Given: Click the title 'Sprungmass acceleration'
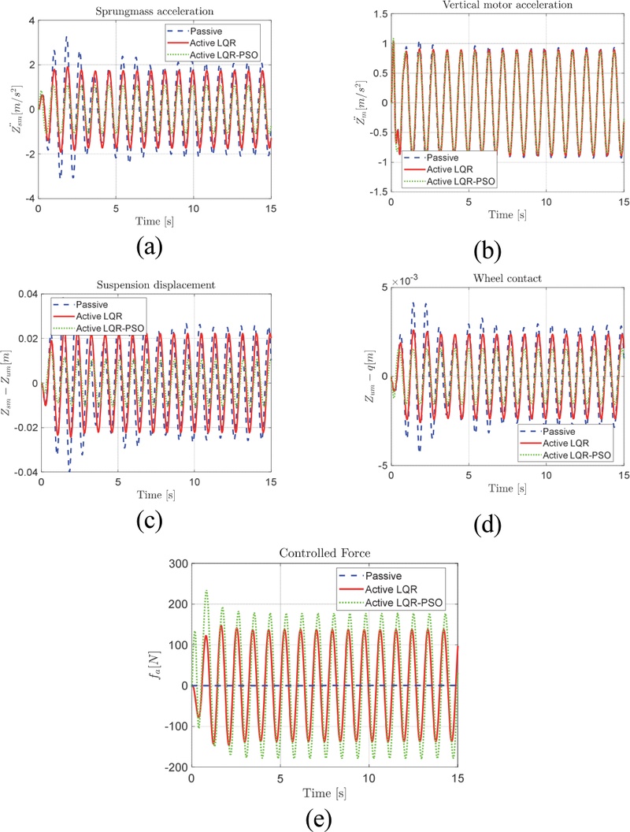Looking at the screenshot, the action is click(x=154, y=11).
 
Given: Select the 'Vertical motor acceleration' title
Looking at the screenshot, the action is click(x=507, y=5).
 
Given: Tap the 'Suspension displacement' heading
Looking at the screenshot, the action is click(x=156, y=285).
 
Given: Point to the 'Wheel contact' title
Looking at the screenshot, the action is click(x=507, y=278).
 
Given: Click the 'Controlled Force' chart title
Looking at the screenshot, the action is click(x=324, y=553).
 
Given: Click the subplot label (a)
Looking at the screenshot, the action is click(x=149, y=247).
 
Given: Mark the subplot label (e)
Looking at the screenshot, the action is click(x=319, y=819).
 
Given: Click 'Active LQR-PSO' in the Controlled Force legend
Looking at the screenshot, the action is click(x=403, y=603).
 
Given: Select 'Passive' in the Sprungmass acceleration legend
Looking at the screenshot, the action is click(x=206, y=32).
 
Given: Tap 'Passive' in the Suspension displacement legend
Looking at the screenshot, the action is click(x=91, y=305).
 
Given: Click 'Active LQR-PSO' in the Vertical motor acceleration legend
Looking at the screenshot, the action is click(x=461, y=181).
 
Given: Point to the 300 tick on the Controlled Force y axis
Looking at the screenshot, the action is click(x=178, y=563).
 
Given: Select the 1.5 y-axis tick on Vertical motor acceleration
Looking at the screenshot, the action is click(x=380, y=14).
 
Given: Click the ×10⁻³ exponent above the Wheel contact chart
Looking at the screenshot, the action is click(x=405, y=280).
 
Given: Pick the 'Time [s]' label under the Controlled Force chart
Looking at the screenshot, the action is click(x=324, y=793).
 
